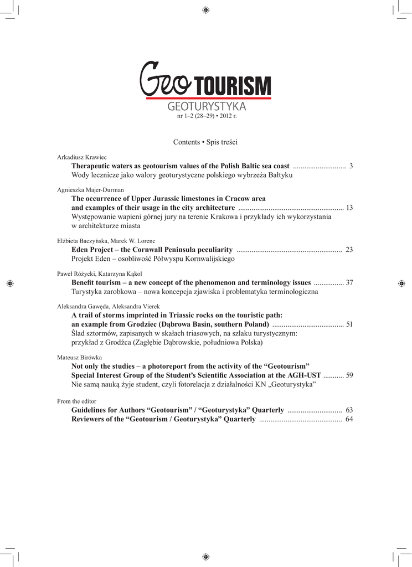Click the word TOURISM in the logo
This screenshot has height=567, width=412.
point(232,86)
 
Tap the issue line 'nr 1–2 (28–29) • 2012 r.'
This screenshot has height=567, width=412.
point(206,116)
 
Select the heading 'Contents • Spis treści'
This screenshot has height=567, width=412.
point(205,142)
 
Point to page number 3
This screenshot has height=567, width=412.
point(351,166)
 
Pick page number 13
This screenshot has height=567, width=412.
point(349,208)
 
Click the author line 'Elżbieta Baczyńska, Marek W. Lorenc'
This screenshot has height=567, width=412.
point(106,241)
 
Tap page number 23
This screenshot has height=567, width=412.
point(349,250)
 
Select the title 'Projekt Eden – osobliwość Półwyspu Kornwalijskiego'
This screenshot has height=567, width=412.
point(153,259)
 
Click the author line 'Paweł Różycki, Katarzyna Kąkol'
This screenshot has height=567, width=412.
point(100,274)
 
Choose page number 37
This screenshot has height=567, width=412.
point(349,282)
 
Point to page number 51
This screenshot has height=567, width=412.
point(349,324)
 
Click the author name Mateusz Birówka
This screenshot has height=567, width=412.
point(79,358)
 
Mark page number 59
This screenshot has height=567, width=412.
point(349,375)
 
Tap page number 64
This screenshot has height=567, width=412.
point(349,419)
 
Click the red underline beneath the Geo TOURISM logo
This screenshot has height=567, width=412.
point(209,99)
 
